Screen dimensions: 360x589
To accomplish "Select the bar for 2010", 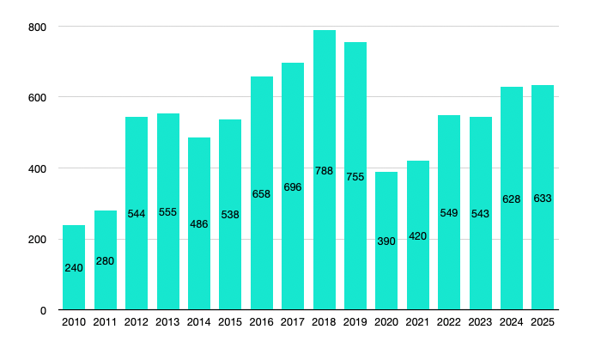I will click(x=74, y=267).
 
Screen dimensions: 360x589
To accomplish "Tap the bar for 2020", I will click(x=386, y=241).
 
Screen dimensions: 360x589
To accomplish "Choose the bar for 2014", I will click(x=199, y=223).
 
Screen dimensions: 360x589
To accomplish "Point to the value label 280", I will click(x=106, y=261).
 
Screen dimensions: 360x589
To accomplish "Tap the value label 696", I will click(x=293, y=187).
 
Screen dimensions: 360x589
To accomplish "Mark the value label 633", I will click(x=543, y=198).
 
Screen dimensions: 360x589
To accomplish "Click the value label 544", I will click(x=137, y=214).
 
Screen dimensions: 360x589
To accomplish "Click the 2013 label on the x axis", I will click(x=167, y=322).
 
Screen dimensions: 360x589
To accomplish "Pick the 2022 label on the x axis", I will click(x=449, y=322).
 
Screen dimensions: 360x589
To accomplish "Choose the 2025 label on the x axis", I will click(x=543, y=322).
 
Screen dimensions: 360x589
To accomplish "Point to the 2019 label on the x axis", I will click(x=355, y=322).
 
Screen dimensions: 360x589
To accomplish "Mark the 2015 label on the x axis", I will click(x=230, y=322).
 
